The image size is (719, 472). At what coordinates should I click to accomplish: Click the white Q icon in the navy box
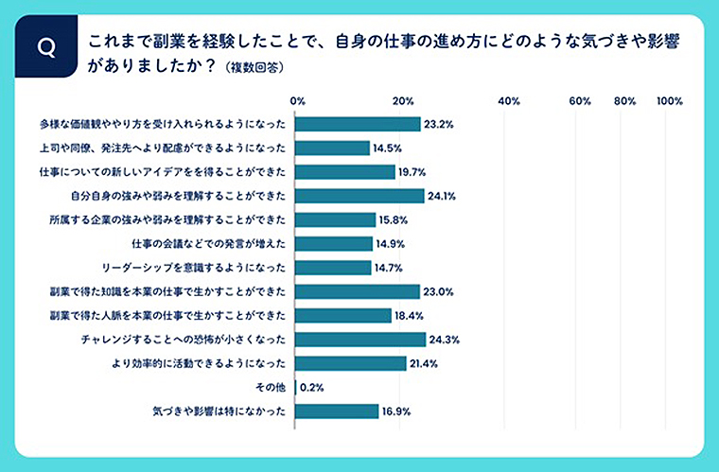(x=44, y=45)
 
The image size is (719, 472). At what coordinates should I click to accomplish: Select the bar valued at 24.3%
(x=360, y=339)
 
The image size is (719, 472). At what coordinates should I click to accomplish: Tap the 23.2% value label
(x=439, y=124)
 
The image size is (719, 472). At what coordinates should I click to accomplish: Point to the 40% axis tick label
(x=509, y=101)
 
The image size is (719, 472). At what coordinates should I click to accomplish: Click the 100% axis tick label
(x=669, y=101)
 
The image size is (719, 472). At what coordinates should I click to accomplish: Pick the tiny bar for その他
(x=297, y=387)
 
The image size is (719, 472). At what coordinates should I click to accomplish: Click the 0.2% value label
(x=314, y=387)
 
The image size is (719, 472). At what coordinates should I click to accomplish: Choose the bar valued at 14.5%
(x=332, y=148)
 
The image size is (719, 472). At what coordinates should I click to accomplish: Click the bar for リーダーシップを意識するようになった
(x=333, y=268)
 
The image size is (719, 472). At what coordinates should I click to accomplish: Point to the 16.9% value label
(x=396, y=411)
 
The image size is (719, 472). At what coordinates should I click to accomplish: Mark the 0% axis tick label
(x=297, y=101)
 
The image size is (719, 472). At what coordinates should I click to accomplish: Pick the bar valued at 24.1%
(x=359, y=196)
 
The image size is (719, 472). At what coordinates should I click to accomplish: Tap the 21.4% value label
(x=424, y=363)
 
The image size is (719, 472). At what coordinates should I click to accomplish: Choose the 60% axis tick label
(x=580, y=101)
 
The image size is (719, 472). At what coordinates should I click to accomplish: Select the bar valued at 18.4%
(x=343, y=315)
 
